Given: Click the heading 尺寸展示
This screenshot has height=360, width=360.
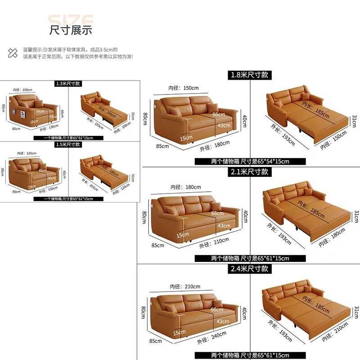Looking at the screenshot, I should click(x=71, y=30).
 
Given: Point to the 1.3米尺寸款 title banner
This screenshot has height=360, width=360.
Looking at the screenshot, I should click(x=67, y=83).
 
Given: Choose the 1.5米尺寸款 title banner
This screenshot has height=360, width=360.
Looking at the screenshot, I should click(x=67, y=144).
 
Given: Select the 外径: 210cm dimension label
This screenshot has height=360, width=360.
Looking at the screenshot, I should click(x=215, y=245).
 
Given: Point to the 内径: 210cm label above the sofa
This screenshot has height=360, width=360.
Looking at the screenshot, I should click(x=184, y=286).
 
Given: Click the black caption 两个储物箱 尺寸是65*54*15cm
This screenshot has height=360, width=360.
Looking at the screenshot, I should click(x=250, y=161).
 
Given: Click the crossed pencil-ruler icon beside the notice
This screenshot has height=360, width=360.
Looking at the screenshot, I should click(x=13, y=53).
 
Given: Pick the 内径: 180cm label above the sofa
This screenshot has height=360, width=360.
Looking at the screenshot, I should click(x=185, y=187).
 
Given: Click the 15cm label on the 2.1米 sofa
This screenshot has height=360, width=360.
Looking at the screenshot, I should click(x=183, y=235).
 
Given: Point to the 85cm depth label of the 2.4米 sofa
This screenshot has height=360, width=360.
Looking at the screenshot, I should click(x=155, y=341).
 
